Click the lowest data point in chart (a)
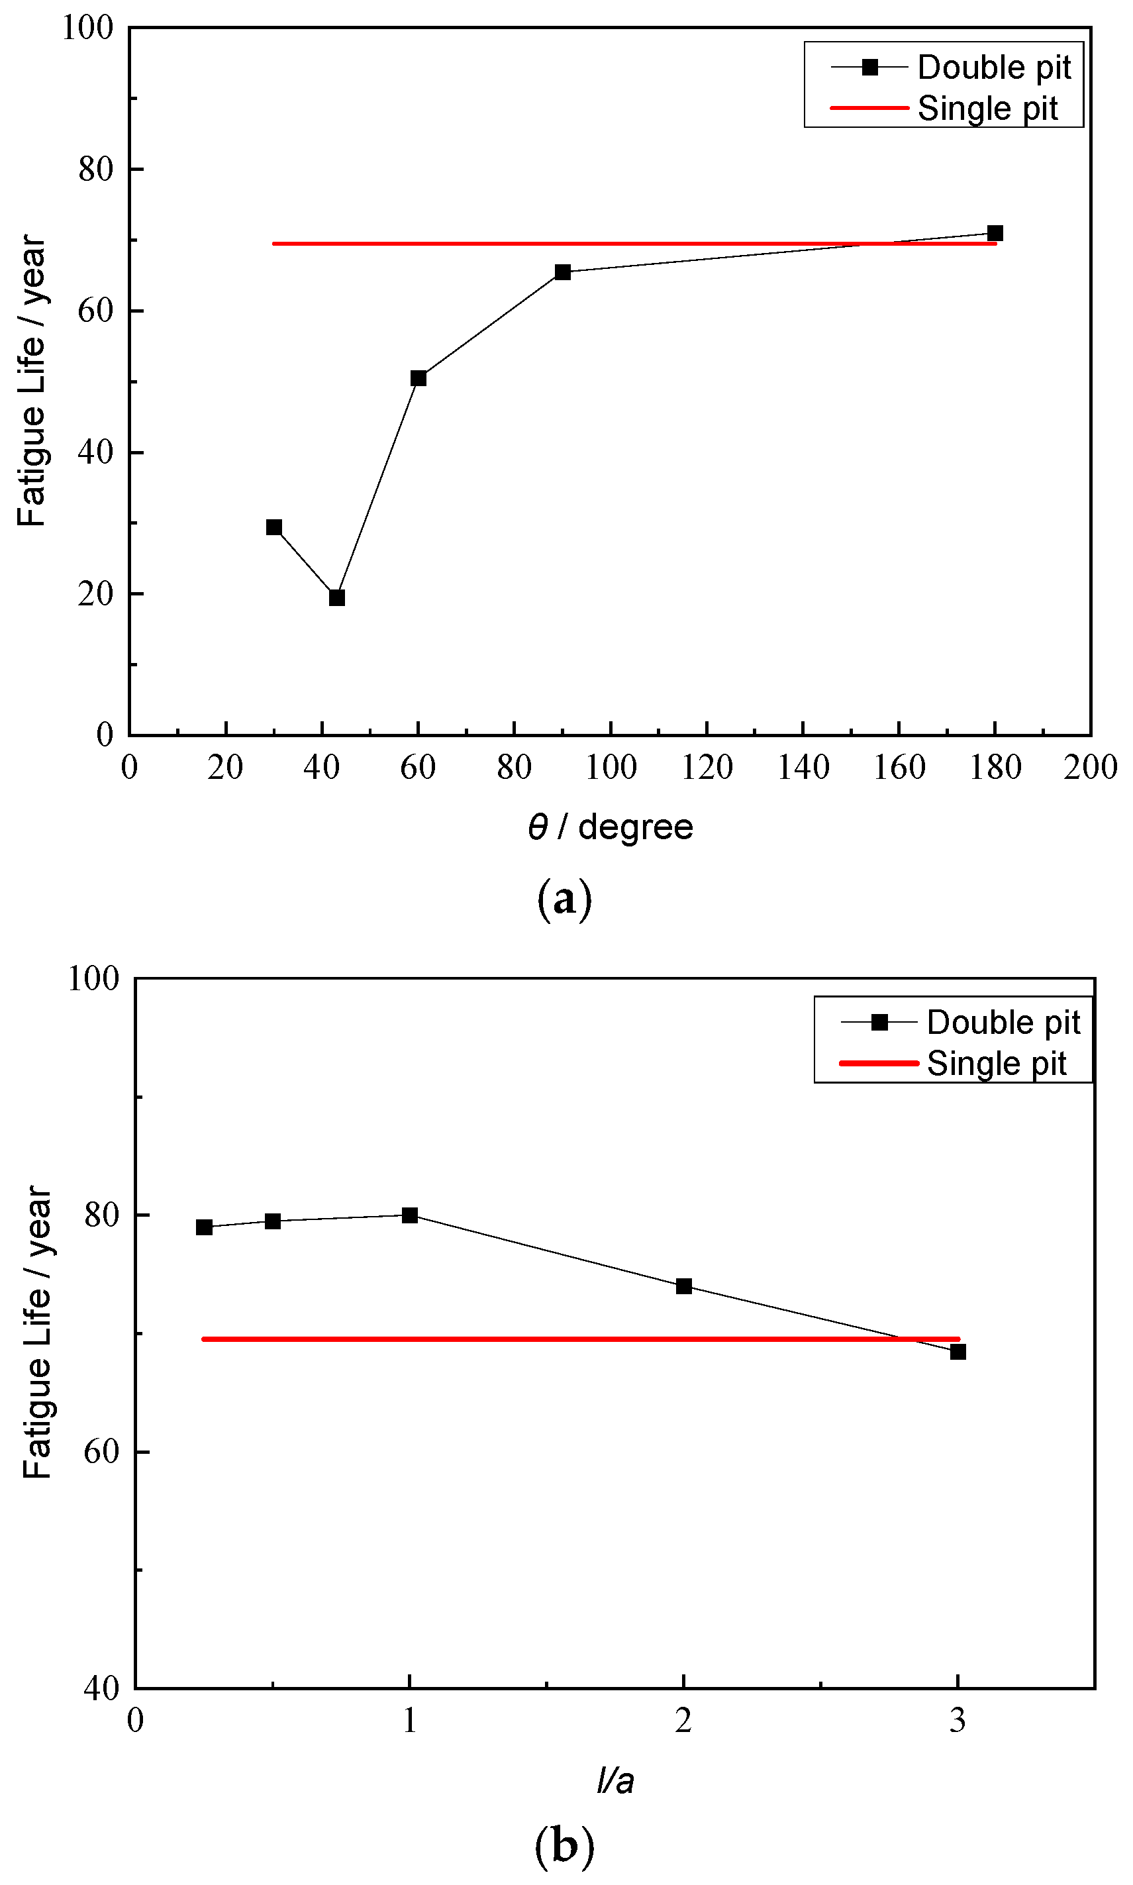click(336, 597)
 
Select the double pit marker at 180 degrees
click(995, 233)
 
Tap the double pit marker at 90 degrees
click(563, 272)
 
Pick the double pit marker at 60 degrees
click(419, 378)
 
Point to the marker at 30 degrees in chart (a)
click(274, 527)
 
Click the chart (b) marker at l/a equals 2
click(684, 1286)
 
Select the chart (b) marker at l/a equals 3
click(958, 1351)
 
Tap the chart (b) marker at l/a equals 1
click(410, 1215)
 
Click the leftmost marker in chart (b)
click(204, 1227)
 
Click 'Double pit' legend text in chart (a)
click(994, 67)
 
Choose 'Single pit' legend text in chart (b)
click(997, 1063)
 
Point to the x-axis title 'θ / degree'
click(610, 827)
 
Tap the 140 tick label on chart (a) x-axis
click(803, 767)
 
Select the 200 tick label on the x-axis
click(1090, 767)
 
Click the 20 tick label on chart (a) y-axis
click(95, 594)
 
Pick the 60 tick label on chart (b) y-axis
click(101, 1451)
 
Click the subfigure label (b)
click(564, 1846)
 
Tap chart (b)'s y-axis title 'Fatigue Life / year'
click(36, 1332)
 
